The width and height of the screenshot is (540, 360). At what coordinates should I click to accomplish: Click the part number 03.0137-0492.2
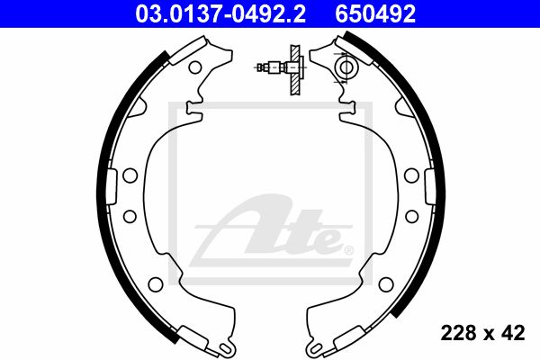(x=220, y=14)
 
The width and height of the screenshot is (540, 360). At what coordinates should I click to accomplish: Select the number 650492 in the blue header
(x=375, y=14)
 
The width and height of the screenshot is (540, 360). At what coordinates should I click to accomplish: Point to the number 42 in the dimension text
(x=513, y=333)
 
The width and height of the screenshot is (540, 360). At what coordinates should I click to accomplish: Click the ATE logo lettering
(x=272, y=229)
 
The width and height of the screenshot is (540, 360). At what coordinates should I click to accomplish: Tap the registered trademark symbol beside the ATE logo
(x=348, y=250)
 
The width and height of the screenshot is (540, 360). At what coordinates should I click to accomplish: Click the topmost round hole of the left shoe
(x=195, y=67)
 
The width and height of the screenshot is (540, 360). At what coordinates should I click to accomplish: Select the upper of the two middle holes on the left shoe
(x=130, y=175)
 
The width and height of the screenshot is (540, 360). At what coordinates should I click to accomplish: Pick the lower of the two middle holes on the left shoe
(x=130, y=216)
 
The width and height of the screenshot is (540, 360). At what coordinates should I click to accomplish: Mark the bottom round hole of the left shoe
(x=156, y=283)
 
